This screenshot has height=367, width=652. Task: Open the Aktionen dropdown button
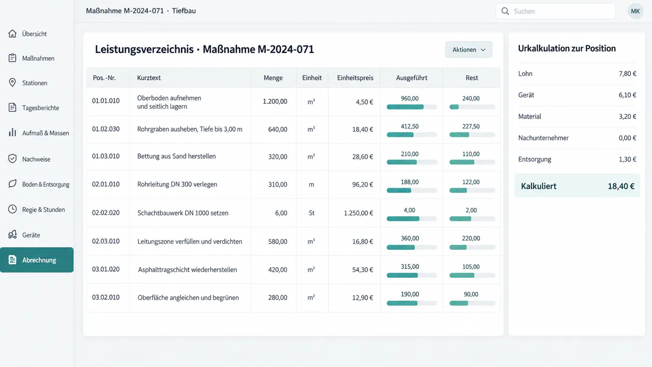tap(468, 50)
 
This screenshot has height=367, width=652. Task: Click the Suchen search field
tap(556, 12)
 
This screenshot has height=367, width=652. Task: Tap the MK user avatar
tap(635, 12)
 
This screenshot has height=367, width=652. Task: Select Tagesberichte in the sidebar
tap(41, 108)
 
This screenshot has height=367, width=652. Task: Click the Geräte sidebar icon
tap(13, 235)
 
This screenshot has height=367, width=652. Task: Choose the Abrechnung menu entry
tap(37, 260)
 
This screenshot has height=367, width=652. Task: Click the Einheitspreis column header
tap(355, 78)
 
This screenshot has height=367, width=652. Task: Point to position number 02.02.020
tap(106, 213)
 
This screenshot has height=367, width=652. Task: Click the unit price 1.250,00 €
tap(358, 213)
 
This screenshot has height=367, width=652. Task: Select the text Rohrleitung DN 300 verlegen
tap(177, 184)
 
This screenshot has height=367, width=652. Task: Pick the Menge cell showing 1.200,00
tap(275, 101)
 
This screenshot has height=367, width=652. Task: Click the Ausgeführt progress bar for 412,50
tap(412, 135)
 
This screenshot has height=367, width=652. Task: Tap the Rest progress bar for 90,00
tap(472, 303)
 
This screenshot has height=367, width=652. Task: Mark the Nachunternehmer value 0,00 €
tap(627, 138)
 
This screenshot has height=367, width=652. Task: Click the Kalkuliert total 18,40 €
tap(621, 187)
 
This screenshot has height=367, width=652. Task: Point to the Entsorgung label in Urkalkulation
tap(535, 159)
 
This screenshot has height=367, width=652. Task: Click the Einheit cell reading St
tap(311, 213)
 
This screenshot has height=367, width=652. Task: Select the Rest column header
tap(471, 78)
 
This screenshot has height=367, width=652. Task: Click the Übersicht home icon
tap(12, 34)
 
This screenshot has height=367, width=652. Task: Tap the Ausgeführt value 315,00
tap(410, 267)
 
